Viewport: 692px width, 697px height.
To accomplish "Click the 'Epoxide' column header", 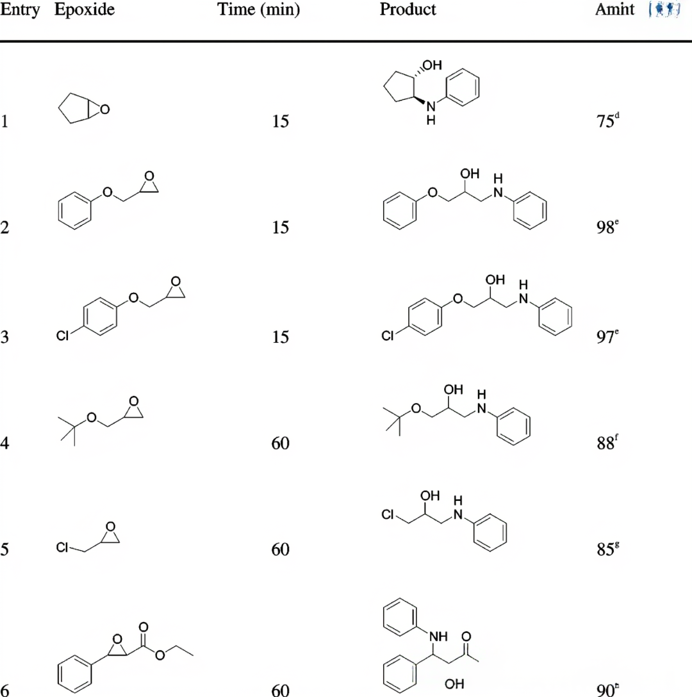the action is [85, 10].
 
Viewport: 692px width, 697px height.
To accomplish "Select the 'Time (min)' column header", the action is [258, 10].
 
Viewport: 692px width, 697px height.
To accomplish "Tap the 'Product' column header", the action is [408, 10].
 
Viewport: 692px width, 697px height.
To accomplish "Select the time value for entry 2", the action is [281, 228].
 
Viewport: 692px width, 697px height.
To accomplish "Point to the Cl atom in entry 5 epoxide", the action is [63, 548].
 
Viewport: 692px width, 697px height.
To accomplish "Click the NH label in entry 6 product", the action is [438, 637].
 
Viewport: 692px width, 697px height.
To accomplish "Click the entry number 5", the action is [4, 550].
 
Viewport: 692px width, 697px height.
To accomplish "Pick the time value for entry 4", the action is [281, 443].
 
